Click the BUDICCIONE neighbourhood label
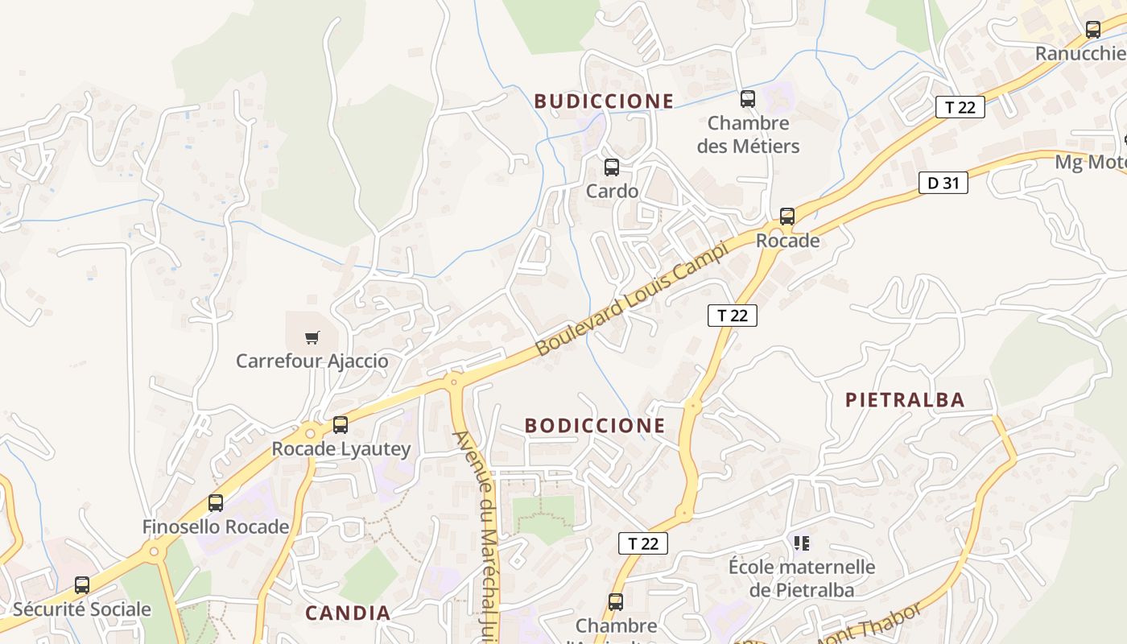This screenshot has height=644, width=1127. tap(604, 101)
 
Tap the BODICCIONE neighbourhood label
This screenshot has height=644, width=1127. tap(595, 425)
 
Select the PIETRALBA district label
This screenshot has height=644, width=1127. tap(905, 400)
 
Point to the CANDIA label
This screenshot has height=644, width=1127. tap(348, 613)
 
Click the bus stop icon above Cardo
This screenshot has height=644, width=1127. tap(612, 167)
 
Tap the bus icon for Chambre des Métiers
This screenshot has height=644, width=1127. tap(748, 99)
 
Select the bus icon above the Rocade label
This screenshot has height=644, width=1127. tap(787, 217)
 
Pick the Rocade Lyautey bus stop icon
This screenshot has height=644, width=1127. tap(341, 424)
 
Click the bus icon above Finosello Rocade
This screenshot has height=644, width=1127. tap(216, 503)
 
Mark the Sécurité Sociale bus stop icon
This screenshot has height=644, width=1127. tap(82, 585)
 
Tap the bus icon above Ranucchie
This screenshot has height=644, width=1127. tap(1092, 30)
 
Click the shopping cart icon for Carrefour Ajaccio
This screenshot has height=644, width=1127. tap(312, 337)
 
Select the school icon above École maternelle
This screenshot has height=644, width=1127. tap(801, 543)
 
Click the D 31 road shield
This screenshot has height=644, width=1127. tap(943, 183)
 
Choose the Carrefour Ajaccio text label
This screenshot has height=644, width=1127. tap(312, 361)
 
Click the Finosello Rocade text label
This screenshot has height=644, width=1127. tap(216, 526)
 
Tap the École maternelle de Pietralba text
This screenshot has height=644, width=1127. tap(802, 578)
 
